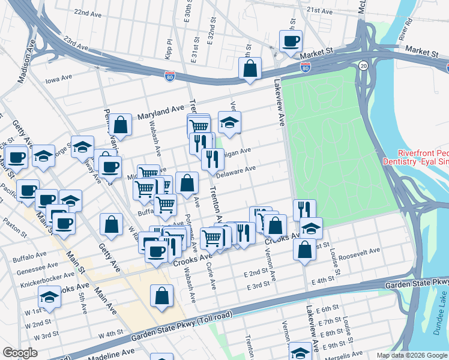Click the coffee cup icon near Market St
coord(291,41)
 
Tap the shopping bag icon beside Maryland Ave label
coord(121,125)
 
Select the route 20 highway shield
coord(363,65)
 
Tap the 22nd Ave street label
coord(88,13)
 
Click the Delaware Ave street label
coord(237,171)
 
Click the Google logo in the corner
coord(20,353)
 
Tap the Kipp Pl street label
coord(169,47)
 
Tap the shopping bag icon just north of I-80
coord(249,68)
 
